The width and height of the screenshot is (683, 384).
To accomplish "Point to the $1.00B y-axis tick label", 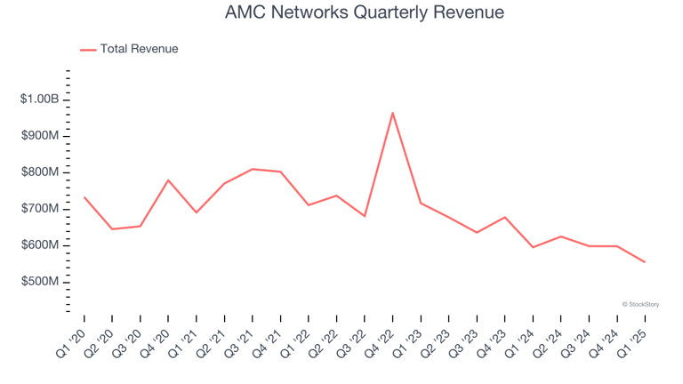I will click(x=40, y=100).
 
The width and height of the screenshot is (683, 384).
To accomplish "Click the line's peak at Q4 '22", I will click(x=393, y=113).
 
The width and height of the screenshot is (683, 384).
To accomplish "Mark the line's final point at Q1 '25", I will click(x=645, y=262).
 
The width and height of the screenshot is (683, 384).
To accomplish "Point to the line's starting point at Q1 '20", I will click(x=84, y=197).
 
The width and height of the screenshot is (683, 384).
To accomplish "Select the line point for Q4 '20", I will click(x=168, y=180).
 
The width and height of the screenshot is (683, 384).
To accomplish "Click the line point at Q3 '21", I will click(x=253, y=169).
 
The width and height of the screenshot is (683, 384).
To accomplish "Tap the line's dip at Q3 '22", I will click(x=365, y=216).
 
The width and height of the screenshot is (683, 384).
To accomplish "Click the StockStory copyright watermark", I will click(x=639, y=304).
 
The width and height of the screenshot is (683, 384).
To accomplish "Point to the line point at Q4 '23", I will click(x=505, y=217).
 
